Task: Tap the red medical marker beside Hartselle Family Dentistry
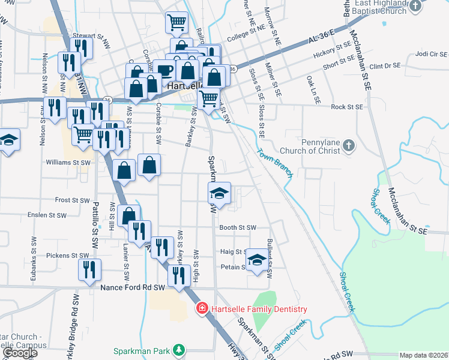(202, 309)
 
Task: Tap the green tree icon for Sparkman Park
(178, 349)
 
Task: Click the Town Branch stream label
(275, 163)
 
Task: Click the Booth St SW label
(238, 228)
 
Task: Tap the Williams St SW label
(68, 162)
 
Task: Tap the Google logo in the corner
(19, 353)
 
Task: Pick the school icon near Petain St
(257, 260)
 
